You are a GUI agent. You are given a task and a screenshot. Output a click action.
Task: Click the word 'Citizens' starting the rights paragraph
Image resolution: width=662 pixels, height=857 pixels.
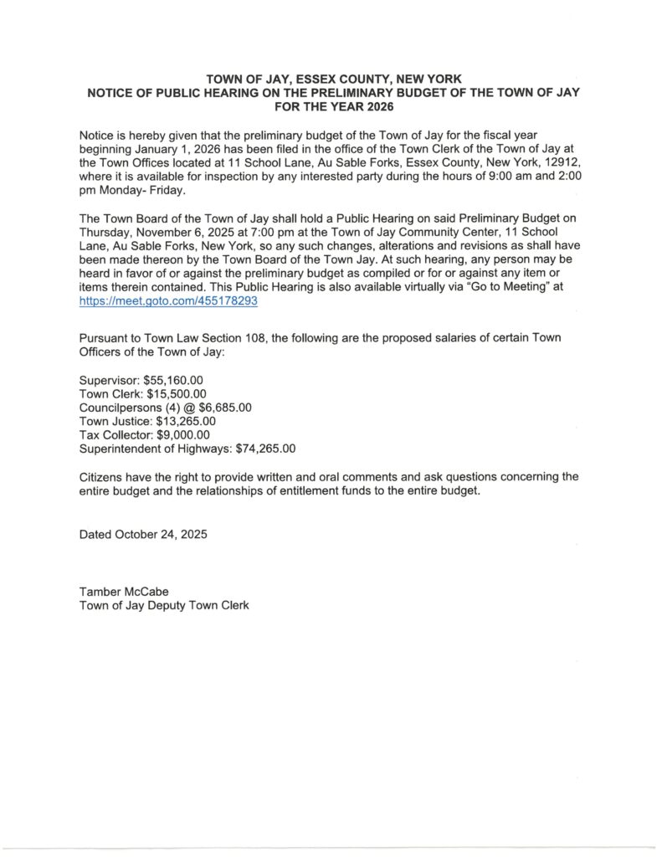coord(102,477)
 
